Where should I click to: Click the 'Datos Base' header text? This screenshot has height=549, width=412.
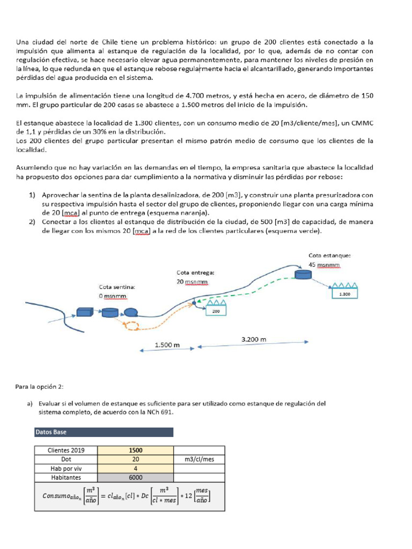[51, 432]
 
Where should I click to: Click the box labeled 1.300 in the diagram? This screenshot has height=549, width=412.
[345, 294]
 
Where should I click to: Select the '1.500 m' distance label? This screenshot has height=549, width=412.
[167, 345]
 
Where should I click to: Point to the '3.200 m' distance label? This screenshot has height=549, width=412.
[254, 339]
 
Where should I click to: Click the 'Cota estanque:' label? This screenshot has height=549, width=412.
[329, 255]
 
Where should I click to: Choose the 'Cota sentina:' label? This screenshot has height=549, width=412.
[117, 287]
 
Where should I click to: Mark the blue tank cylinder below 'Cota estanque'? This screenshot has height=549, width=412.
[303, 274]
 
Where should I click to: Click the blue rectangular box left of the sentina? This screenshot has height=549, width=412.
[85, 312]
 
